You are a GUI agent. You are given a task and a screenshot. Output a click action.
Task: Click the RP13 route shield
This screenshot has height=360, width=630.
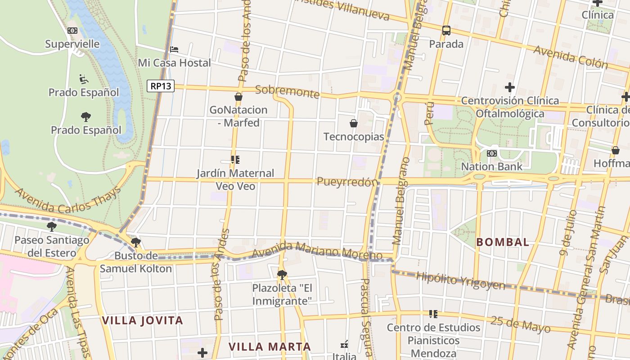[161, 86]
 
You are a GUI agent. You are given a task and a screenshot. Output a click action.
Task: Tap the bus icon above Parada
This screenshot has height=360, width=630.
[446, 31]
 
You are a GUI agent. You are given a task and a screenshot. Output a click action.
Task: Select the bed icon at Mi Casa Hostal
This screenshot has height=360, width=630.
[174, 49]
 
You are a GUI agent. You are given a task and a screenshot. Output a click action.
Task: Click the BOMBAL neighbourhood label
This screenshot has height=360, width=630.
[503, 242]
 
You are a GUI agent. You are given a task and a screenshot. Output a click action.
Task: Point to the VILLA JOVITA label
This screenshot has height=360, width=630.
[142, 320]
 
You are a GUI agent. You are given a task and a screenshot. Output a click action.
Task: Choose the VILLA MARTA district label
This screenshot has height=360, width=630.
[270, 346]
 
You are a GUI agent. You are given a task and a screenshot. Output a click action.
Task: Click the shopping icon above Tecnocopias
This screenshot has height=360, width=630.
[354, 123]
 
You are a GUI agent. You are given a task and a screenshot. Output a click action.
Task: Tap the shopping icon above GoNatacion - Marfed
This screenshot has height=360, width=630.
[238, 97]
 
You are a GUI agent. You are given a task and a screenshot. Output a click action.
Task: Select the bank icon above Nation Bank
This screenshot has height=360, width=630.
[492, 153]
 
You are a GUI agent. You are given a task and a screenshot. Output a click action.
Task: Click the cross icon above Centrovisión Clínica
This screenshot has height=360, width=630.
[509, 87]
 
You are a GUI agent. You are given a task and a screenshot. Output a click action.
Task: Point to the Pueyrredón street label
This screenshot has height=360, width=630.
[347, 182]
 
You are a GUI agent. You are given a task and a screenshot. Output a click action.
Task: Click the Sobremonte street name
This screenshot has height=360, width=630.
[287, 92]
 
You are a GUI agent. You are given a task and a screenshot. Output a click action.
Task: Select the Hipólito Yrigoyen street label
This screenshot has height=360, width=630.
[460, 280]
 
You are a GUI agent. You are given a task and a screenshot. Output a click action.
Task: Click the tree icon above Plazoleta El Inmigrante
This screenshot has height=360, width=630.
[282, 274]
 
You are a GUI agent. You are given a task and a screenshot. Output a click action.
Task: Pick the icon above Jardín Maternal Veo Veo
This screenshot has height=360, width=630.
[235, 160]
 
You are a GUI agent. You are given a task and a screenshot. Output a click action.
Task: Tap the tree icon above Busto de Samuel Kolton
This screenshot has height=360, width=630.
[135, 243]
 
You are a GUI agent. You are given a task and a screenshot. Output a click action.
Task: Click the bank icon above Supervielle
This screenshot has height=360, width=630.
[72, 31]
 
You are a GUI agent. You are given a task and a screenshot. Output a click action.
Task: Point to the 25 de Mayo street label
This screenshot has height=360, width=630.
[520, 324]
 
